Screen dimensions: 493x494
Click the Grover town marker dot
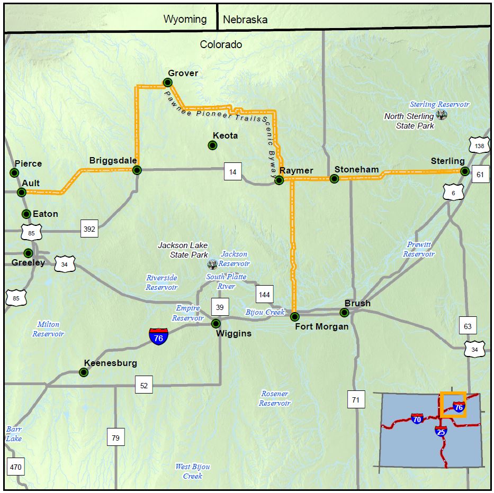pos(168,83)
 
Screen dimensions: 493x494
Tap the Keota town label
pos(225,136)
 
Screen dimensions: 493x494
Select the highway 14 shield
pos(232,172)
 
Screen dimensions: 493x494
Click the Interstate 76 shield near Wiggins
pos(159,336)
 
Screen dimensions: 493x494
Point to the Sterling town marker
pos(464,171)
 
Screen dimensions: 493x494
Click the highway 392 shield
pos(89,229)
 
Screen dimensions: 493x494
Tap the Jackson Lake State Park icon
pos(213,264)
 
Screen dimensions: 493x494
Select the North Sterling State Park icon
pos(441,115)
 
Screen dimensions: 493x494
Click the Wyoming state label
pos(185,20)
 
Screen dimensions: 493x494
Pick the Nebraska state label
pos(245,20)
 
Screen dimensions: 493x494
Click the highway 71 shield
pos(355,400)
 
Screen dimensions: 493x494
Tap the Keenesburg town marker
pos(84,372)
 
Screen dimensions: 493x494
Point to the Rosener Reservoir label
pos(275,398)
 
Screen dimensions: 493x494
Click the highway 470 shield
pos(15,467)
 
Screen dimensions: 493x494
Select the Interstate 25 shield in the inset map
pos(441,431)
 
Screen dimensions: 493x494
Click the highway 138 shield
pos(479,145)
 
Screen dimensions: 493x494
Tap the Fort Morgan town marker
pos(295,316)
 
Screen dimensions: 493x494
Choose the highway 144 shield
pos(264,294)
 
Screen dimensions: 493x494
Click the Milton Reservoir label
pos(48,329)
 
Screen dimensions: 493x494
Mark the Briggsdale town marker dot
pos(137,170)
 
